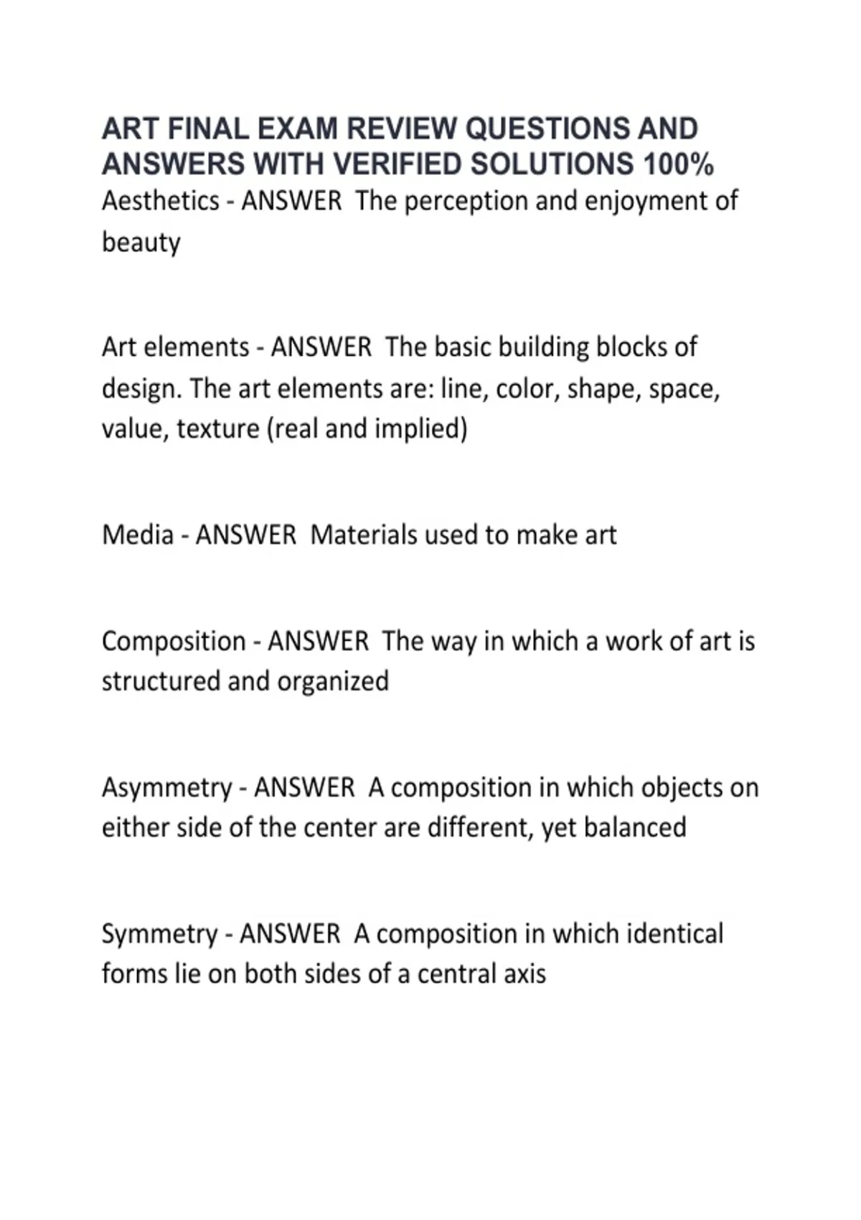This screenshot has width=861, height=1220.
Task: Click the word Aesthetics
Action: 160,201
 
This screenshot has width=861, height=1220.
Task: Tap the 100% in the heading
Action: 678,164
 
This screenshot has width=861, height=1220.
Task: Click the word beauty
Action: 141,243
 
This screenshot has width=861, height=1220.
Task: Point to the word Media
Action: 138,535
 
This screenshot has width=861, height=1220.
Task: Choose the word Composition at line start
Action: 174,642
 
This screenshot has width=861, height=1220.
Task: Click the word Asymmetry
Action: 166,788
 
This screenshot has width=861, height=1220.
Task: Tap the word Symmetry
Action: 159,934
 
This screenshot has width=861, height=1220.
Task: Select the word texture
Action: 218,429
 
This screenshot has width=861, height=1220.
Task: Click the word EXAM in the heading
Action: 297,129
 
